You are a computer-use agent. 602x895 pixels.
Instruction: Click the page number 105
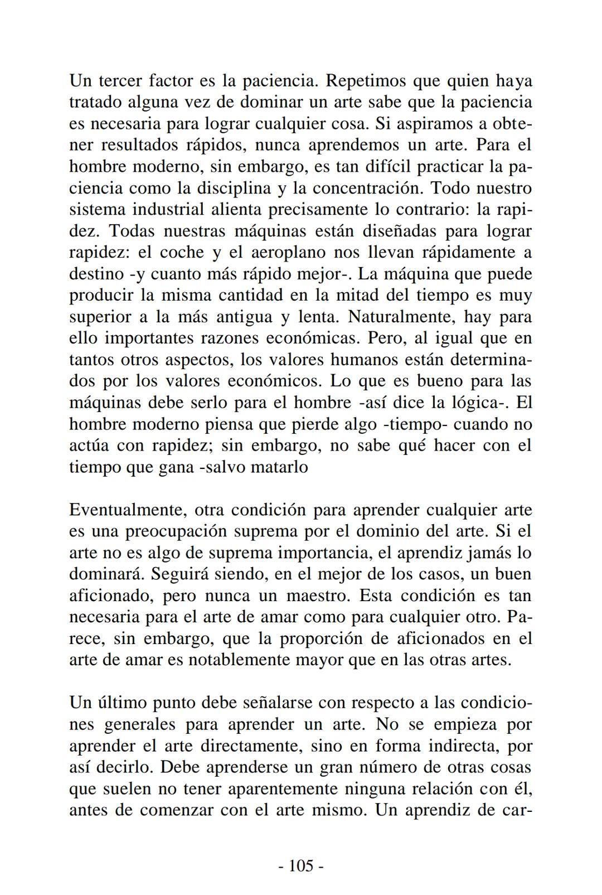[301, 865]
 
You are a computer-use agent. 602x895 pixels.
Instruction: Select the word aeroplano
[289, 253]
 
